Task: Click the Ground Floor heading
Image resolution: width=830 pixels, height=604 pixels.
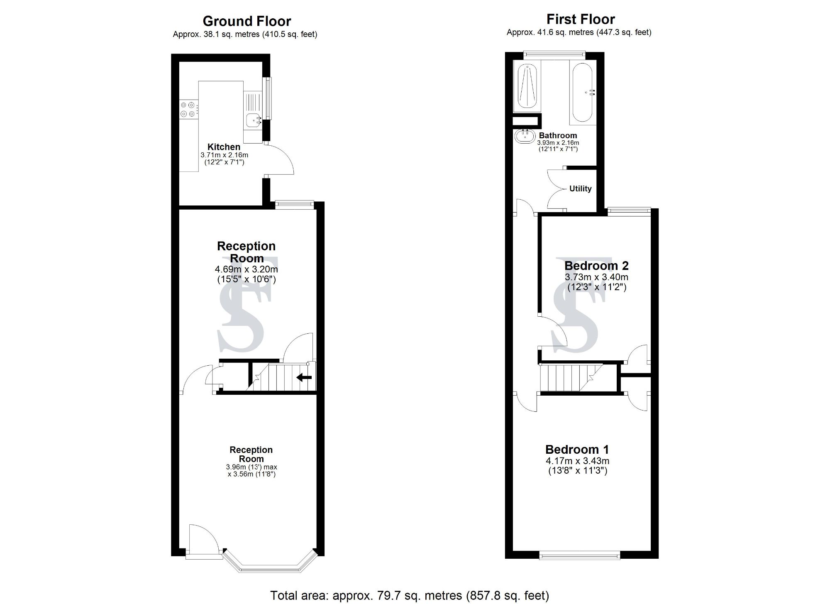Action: tap(247, 21)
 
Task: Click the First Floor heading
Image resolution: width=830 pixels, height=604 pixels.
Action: tap(580, 19)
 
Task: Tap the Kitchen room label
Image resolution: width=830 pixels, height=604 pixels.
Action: tap(224, 147)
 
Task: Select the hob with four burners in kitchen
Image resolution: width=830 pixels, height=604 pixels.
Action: tap(188, 110)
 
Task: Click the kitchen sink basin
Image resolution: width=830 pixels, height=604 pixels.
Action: tap(252, 120)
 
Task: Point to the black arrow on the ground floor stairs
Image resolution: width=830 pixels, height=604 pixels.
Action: tap(304, 377)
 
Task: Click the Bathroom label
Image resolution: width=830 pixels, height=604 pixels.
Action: tap(557, 135)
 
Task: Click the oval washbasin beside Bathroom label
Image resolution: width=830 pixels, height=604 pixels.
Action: tap(525, 136)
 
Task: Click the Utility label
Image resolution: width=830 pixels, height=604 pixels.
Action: tap(580, 188)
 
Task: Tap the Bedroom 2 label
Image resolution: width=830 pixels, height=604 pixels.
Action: tap(596, 265)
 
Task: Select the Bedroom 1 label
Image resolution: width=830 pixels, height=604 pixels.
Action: tap(577, 449)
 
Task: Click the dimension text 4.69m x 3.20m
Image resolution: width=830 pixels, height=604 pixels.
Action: tap(247, 270)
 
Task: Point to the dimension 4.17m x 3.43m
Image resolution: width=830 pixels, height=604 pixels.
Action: tap(577, 461)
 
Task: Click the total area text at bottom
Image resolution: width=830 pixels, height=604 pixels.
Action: tap(409, 596)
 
